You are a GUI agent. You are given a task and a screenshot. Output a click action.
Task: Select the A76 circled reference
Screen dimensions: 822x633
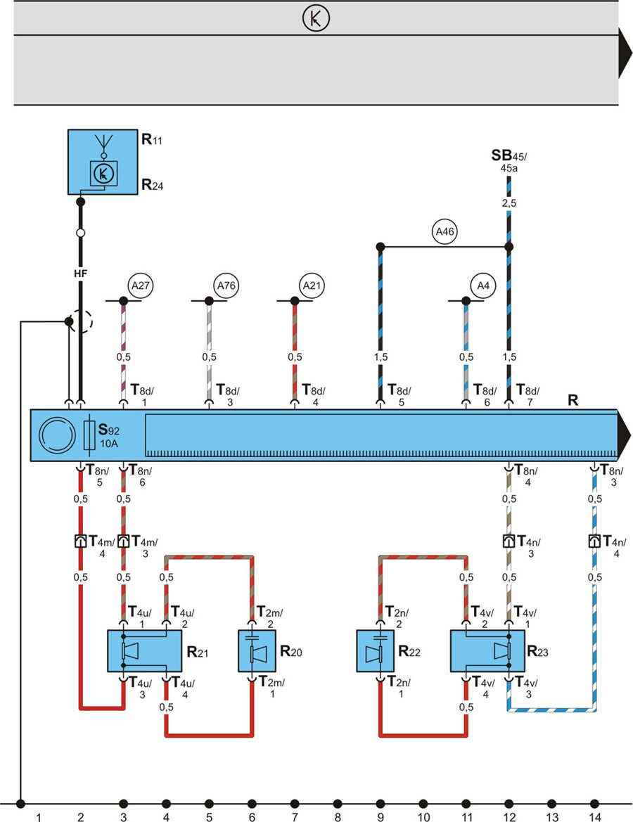[226, 285]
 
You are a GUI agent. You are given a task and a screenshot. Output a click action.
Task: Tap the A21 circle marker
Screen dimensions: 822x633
[310, 285]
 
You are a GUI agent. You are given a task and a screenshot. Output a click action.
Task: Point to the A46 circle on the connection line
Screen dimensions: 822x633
[445, 231]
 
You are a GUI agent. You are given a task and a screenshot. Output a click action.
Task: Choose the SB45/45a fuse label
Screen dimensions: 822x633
[509, 160]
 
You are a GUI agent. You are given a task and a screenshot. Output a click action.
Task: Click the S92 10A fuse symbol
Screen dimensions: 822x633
[90, 435]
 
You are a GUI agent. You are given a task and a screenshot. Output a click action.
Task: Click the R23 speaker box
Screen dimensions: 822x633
[487, 651]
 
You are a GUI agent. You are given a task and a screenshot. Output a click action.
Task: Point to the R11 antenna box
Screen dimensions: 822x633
[102, 162]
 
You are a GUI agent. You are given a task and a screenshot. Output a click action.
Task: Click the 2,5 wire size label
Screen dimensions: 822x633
[509, 203]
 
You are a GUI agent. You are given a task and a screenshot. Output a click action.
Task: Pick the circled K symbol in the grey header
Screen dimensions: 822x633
[316, 18]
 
